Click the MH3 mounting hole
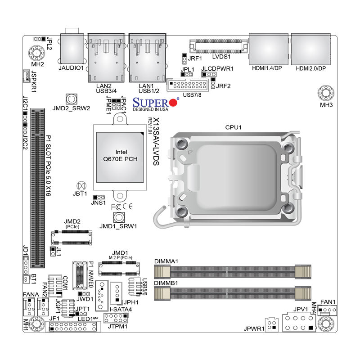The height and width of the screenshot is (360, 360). [x=326, y=93]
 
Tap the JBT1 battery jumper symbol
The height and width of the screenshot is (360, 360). [x=81, y=186]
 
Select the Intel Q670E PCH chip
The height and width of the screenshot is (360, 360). [x=120, y=157]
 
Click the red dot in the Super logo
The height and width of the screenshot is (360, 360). [x=174, y=103]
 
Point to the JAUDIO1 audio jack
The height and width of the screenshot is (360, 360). [x=72, y=49]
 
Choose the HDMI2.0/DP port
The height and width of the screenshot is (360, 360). [x=311, y=49]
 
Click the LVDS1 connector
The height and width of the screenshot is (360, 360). [x=219, y=47]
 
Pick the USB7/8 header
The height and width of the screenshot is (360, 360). [x=188, y=85]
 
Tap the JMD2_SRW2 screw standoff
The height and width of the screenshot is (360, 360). [x=72, y=99]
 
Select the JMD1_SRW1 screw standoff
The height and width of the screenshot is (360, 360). [x=119, y=217]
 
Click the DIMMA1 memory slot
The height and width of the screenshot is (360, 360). [x=233, y=272]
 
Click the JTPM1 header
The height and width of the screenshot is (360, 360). [x=116, y=318]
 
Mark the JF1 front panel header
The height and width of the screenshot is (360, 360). [x=73, y=327]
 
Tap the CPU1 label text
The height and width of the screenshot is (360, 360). [x=233, y=127]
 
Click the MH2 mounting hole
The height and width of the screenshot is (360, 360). [x=36, y=53]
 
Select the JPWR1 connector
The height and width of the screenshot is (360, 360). [x=272, y=325]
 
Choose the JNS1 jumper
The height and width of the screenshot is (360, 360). [x=99, y=197]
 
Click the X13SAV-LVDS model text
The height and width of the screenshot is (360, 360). [x=156, y=141]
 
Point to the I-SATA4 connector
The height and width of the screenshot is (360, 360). [x=102, y=296]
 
